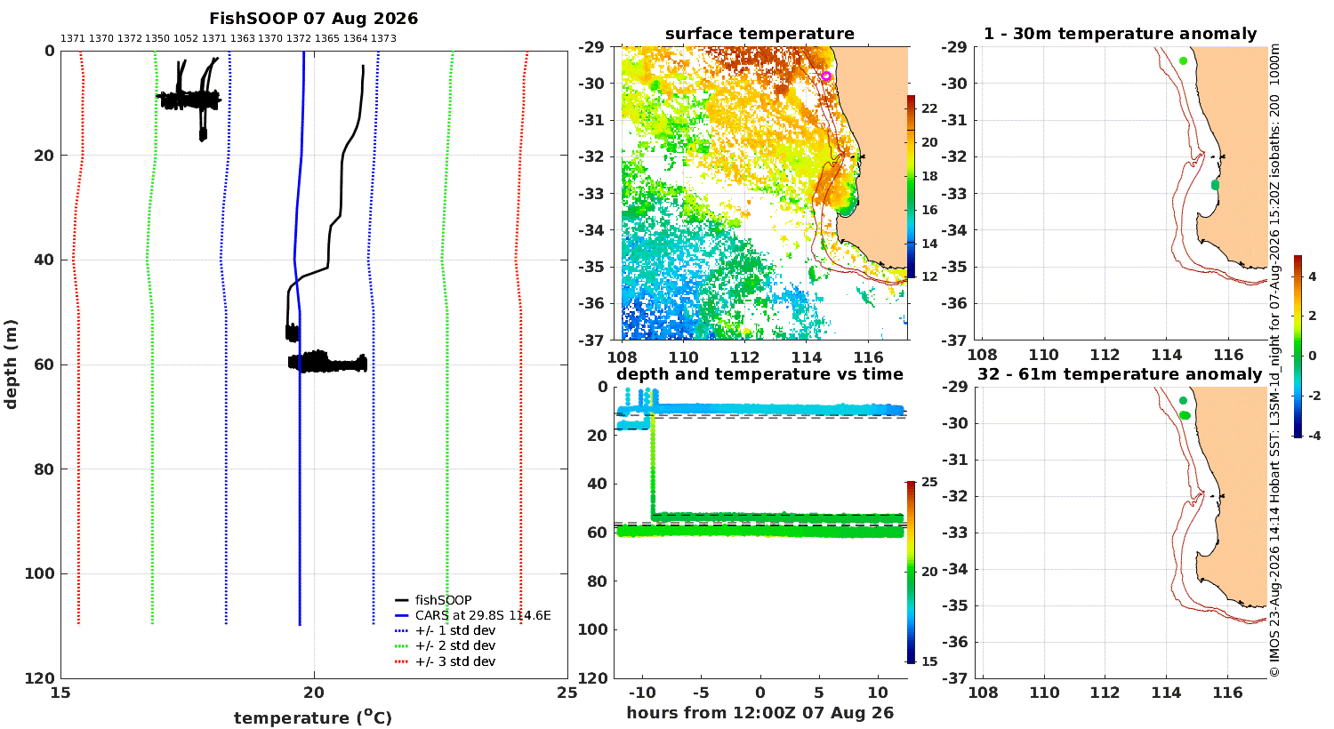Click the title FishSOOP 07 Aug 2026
[313, 19]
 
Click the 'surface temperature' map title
[759, 34]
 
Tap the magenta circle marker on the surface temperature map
[825, 76]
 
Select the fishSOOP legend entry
[434, 600]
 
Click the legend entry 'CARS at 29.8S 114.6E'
[473, 615]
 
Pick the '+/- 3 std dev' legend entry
[445, 661]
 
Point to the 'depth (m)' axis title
[11, 364]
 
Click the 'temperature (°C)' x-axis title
[313, 717]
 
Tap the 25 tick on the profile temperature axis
[567, 693]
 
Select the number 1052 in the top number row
[186, 39]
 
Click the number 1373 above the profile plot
[383, 39]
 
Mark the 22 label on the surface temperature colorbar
[929, 108]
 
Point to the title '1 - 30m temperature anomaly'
[1121, 34]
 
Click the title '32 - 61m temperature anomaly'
[1120, 374]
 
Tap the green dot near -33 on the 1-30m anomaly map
[1215, 186]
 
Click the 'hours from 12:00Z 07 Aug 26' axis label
[759, 712]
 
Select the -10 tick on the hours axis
[642, 693]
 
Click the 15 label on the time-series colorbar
[929, 661]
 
